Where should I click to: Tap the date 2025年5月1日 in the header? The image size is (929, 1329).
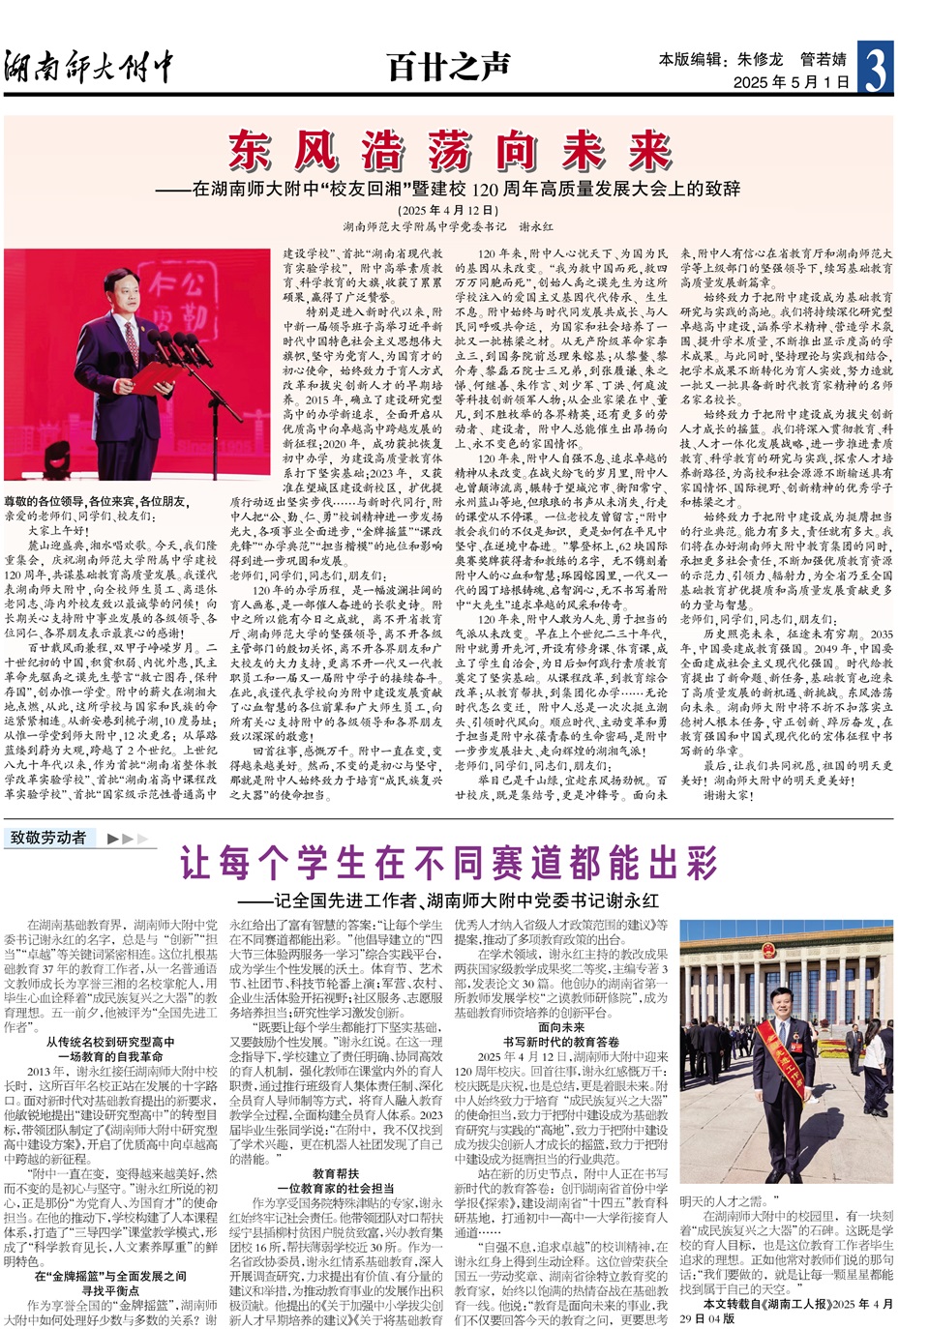(x=791, y=82)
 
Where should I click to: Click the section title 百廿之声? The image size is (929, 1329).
(x=448, y=67)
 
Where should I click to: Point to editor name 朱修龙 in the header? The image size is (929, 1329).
(x=760, y=59)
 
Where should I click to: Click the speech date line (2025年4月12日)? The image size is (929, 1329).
(x=447, y=210)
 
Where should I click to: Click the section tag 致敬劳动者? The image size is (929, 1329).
(x=48, y=838)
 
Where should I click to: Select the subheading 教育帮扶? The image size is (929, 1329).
(x=335, y=1173)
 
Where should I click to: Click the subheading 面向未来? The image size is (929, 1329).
(x=560, y=1027)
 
